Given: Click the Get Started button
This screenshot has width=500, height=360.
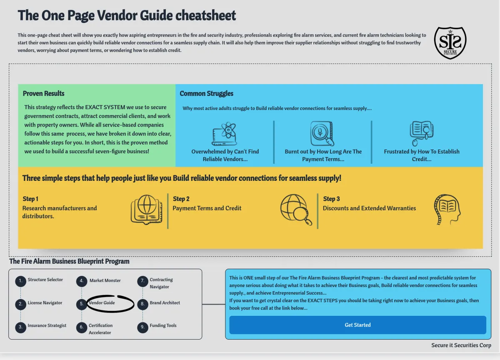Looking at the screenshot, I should [x=357, y=325].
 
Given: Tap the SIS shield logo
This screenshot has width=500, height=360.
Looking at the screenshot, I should [x=450, y=42].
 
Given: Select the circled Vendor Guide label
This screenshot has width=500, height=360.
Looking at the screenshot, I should [x=102, y=303].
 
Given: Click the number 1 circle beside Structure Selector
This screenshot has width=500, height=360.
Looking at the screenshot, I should [x=20, y=282].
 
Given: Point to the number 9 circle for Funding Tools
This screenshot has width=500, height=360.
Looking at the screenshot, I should [x=142, y=327].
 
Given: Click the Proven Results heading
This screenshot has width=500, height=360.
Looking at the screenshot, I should [x=44, y=93].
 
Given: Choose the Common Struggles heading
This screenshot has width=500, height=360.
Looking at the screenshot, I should [x=207, y=93].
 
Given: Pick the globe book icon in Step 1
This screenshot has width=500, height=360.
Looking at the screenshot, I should [x=146, y=210].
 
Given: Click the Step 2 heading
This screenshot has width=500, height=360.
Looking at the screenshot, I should [x=181, y=199].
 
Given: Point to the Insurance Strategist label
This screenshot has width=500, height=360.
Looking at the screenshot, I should [x=47, y=325].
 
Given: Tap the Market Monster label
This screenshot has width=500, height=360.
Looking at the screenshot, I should [x=105, y=280].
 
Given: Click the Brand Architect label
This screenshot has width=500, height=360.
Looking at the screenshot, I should [x=165, y=303].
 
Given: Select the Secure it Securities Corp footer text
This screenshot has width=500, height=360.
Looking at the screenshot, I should [x=461, y=345].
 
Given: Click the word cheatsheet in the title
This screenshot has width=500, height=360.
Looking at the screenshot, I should [x=206, y=16].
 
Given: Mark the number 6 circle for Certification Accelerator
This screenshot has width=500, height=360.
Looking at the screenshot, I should [x=82, y=327].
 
